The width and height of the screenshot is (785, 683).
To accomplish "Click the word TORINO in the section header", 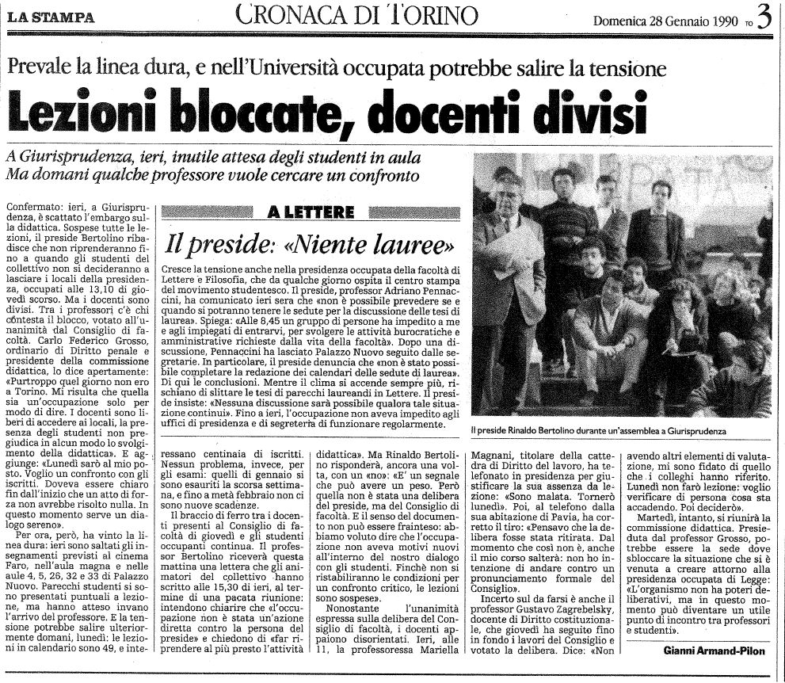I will coord(433,15).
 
